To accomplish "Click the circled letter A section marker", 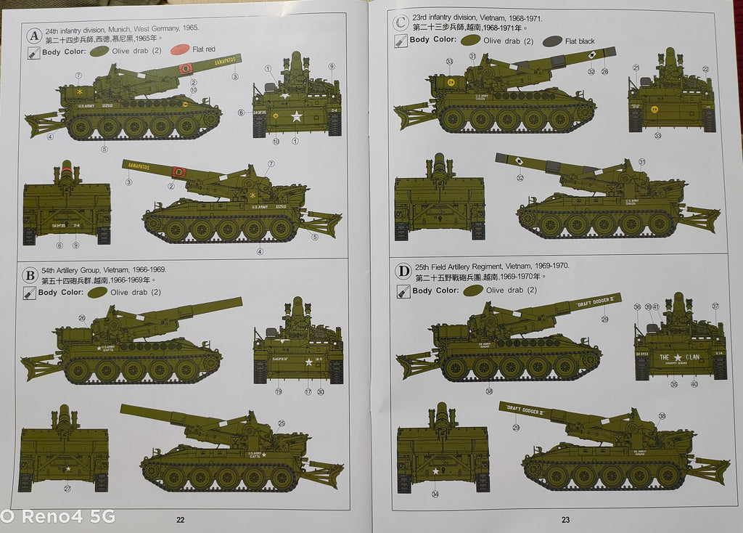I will (x=33, y=36).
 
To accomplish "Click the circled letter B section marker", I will (x=30, y=275).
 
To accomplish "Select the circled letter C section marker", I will (x=399, y=23).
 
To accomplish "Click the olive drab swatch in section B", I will (x=97, y=292).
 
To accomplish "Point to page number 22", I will (x=181, y=519).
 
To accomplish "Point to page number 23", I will (x=565, y=519).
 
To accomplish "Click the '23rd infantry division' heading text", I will (x=450, y=16).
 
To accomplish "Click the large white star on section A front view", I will (x=296, y=115).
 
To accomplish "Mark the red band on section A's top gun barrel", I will (x=186, y=68).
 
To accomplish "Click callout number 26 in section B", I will (x=82, y=317).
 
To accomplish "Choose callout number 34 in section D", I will (x=435, y=495).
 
